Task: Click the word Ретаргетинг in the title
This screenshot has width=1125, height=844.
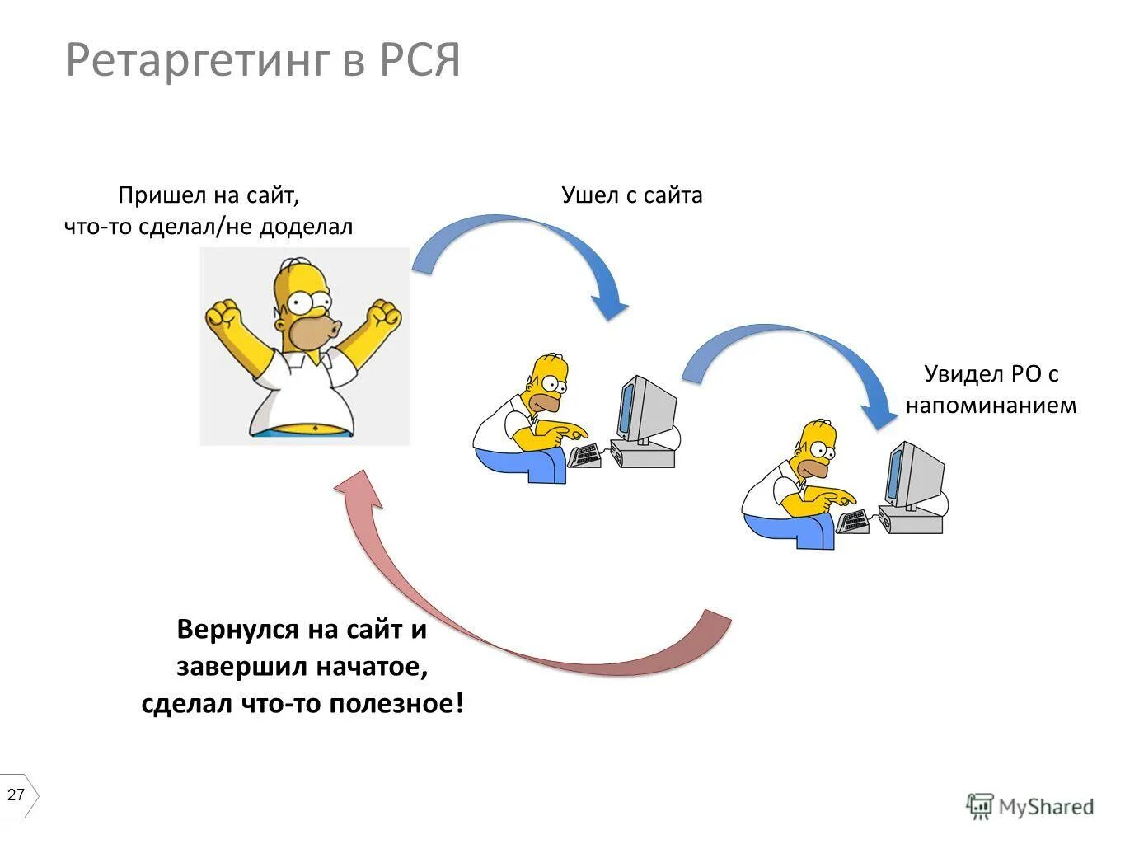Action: coord(197,61)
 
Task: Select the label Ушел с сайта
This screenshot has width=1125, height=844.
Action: coord(631,195)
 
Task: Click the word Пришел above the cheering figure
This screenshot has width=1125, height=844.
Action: coord(161,195)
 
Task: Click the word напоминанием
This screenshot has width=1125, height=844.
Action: coord(991,406)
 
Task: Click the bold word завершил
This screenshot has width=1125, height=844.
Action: coord(241,666)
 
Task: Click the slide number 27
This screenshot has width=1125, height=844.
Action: coord(16,795)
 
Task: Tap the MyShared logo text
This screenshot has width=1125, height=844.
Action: coord(1045,806)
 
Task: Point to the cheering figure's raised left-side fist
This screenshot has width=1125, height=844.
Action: coord(223,315)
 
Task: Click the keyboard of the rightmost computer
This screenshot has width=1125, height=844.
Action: coord(852,522)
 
